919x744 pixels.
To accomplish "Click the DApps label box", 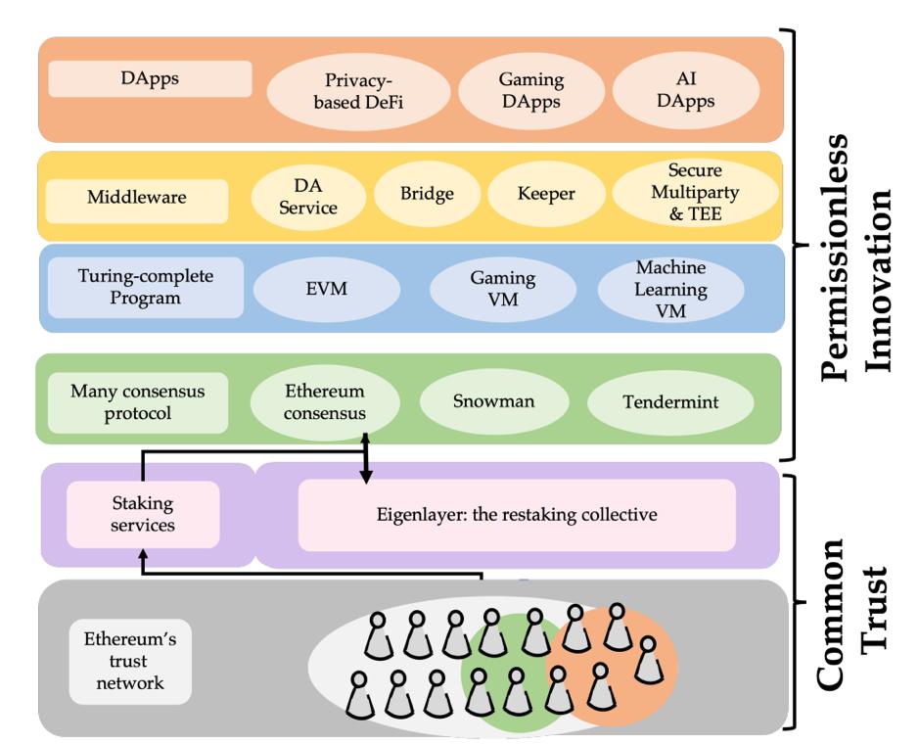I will point(149,79).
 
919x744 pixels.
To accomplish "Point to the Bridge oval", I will point(427,194).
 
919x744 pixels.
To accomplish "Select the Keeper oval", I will point(545,194).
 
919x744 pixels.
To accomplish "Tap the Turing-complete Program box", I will point(146,287).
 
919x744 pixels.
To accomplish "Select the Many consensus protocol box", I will point(137,402).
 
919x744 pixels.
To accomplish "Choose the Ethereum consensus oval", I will point(325,402).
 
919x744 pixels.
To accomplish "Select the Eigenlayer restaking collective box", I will point(516,514).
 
